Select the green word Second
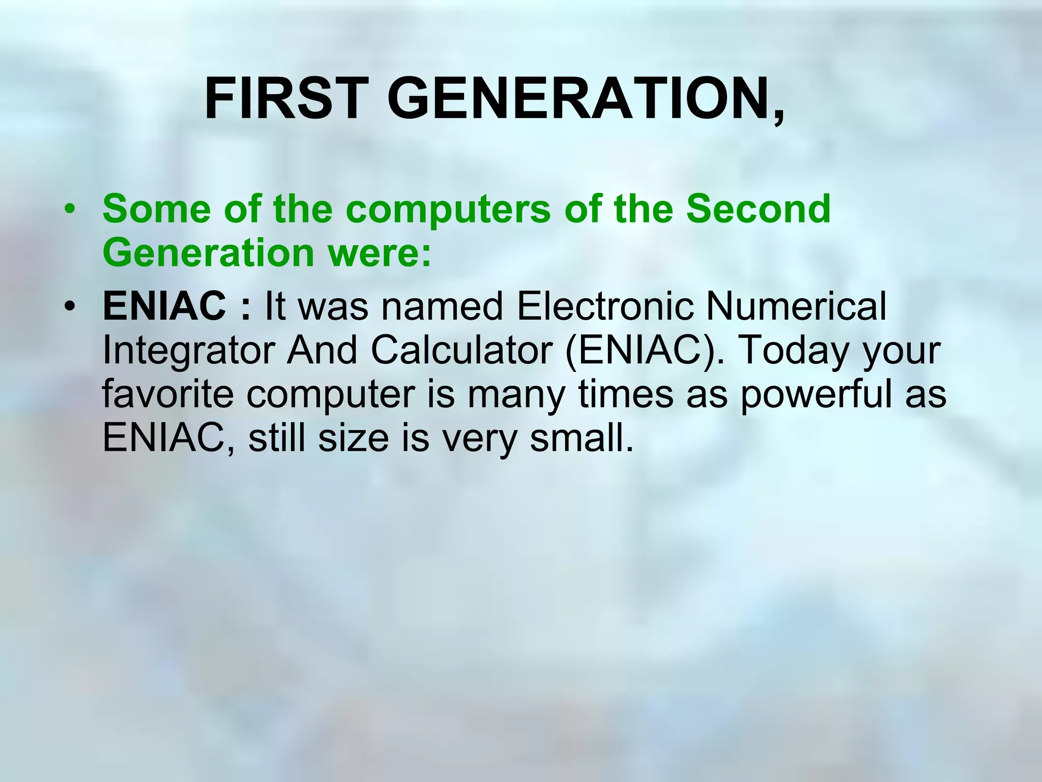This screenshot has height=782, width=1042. [758, 209]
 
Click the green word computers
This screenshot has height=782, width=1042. [448, 209]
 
